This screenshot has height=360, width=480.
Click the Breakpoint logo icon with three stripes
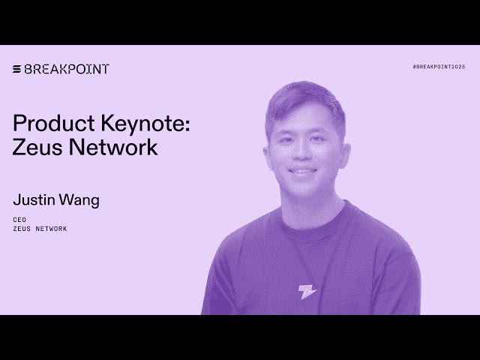tap(16, 69)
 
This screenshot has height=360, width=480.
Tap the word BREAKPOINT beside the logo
tap(67, 69)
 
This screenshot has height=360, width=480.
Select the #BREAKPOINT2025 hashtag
tap(439, 67)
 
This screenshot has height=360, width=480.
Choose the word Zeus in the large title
tap(37, 148)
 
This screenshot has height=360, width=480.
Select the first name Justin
tap(34, 200)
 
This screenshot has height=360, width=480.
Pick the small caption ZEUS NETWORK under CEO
tap(40, 229)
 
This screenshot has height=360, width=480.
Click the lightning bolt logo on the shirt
tap(307, 292)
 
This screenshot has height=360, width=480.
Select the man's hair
tap(304, 101)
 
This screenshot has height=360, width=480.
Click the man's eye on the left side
tap(284, 139)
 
